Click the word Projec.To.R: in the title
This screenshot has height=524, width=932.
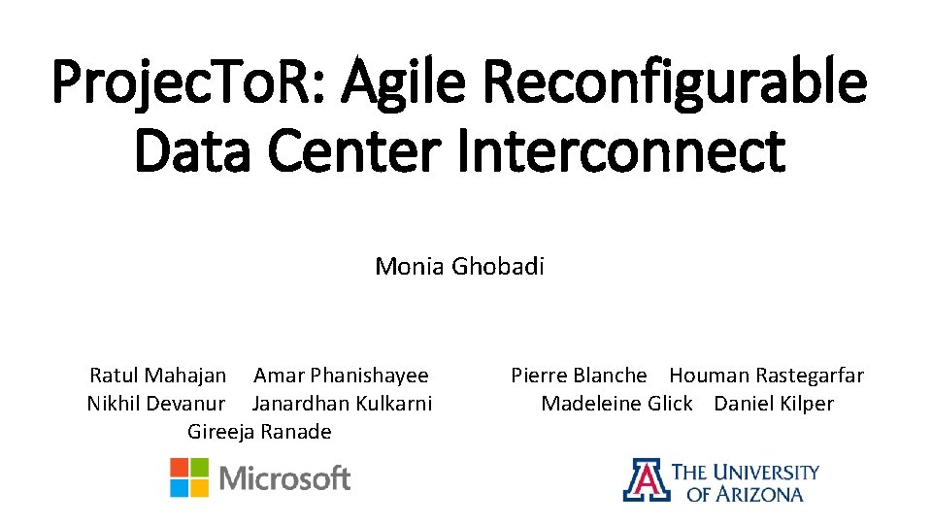(x=182, y=82)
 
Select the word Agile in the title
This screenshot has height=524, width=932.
(x=392, y=82)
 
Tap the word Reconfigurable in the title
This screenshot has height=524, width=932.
(x=676, y=82)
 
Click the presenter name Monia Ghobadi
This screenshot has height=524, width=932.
(x=459, y=266)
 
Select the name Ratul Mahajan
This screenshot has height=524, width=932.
(x=158, y=376)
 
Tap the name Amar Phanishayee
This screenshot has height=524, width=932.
(x=341, y=376)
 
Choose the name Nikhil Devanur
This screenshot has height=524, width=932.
(x=156, y=404)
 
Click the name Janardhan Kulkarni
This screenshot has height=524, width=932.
(x=342, y=404)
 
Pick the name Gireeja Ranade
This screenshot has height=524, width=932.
(x=259, y=432)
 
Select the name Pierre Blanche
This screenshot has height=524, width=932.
(x=579, y=376)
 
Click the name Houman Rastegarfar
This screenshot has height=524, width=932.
(x=766, y=376)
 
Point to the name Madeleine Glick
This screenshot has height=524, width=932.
(x=616, y=404)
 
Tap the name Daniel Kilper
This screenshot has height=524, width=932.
(x=774, y=404)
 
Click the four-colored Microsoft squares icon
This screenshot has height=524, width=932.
(x=189, y=477)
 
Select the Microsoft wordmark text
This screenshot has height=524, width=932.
(x=285, y=478)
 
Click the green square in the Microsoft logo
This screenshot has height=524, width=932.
(x=200, y=467)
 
